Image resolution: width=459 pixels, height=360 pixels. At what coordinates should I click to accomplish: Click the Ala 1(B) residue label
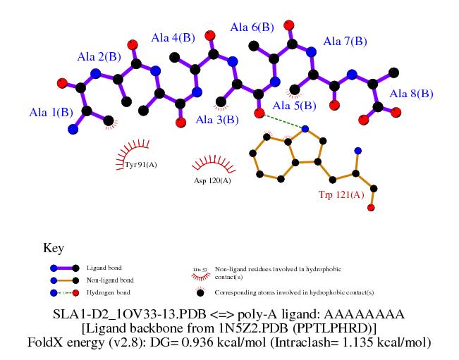coord(51,111)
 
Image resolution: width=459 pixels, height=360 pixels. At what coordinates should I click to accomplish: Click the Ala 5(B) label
coord(295,106)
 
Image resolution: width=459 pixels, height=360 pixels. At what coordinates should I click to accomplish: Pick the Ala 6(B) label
coord(252,27)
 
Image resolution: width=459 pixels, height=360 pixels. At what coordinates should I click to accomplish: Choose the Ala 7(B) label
coord(345,42)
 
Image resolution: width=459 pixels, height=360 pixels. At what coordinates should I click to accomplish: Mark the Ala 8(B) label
coord(412,93)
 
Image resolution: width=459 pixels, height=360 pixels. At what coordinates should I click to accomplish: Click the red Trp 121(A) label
coord(341,194)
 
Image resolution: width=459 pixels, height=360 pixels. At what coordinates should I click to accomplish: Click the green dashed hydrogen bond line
coord(282,120)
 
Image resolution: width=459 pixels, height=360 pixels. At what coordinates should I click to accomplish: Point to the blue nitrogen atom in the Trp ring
coord(305,128)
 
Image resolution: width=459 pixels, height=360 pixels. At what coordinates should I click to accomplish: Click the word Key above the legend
coord(54,248)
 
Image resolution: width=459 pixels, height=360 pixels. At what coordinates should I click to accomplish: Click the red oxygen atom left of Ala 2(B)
coord(62,83)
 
